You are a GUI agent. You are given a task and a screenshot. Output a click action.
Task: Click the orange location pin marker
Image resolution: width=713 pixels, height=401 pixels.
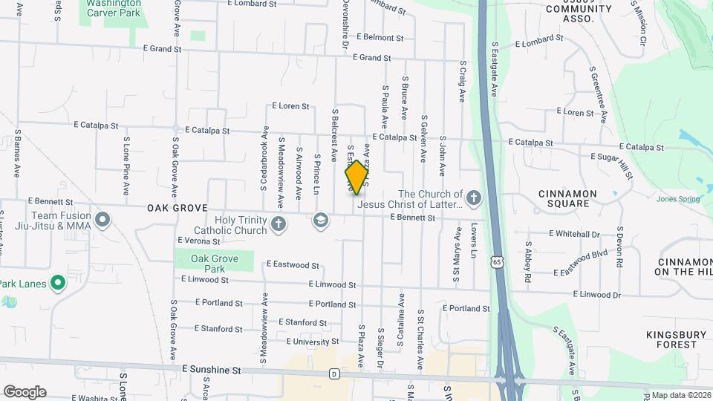click(x=356, y=177)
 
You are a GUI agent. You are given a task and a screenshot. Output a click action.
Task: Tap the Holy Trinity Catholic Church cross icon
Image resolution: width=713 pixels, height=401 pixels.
click(x=279, y=224)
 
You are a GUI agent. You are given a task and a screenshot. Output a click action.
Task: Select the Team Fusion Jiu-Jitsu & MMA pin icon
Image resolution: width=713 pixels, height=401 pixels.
click(x=102, y=221)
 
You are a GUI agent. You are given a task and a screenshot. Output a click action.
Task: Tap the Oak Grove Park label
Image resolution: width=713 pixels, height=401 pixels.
click(x=214, y=264)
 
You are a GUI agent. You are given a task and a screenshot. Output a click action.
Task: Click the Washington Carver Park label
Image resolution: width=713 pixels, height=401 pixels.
click(x=114, y=7)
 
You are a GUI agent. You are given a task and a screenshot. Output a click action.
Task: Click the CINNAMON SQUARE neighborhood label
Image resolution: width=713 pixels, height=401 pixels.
click(x=567, y=199)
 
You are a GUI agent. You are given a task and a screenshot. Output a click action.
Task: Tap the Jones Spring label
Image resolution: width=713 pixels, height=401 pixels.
click(x=678, y=199)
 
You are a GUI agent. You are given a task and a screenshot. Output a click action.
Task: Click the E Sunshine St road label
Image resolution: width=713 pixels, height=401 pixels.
click(x=212, y=369)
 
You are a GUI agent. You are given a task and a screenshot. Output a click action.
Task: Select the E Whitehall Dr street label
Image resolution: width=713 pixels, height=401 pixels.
click(x=574, y=234)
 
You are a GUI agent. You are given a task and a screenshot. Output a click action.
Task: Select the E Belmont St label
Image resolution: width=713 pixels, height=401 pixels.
click(x=380, y=37)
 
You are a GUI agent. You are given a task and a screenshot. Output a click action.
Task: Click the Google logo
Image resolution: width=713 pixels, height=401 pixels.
click(x=25, y=392)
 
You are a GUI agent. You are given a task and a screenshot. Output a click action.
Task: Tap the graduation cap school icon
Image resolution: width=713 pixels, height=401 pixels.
click(x=321, y=220)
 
